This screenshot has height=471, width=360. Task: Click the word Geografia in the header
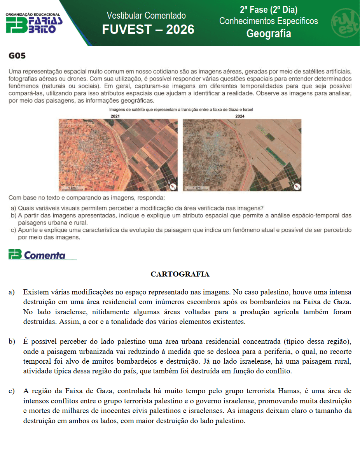click(x=269, y=34)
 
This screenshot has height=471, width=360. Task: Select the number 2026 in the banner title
click(x=180, y=29)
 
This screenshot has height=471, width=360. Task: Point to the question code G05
click(x=17, y=56)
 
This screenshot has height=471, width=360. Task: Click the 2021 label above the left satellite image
click(x=115, y=116)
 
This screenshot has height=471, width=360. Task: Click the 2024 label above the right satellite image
click(x=239, y=116)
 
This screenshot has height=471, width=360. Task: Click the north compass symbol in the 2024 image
click(x=296, y=186)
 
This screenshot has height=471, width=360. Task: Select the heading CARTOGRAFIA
click(x=180, y=274)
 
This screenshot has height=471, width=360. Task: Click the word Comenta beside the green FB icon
click(x=45, y=256)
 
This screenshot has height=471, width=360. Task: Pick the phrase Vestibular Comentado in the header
click(x=146, y=16)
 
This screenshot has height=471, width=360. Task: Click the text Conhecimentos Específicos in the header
click(x=269, y=21)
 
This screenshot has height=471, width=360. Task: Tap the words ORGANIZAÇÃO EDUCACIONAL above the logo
click(x=33, y=14)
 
